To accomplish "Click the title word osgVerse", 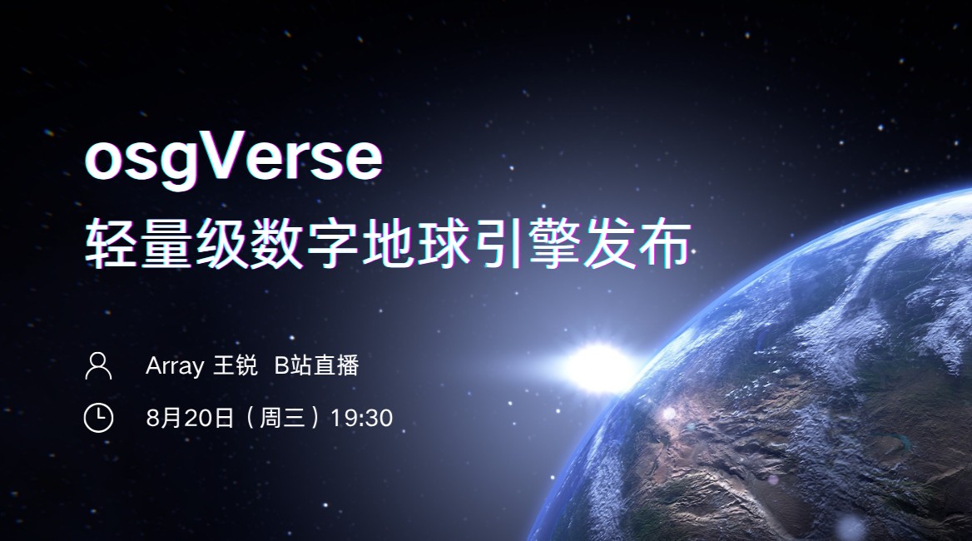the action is (234, 158).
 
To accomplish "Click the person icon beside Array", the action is (98, 365).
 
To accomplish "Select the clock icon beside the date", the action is (98, 417).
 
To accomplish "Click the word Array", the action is (174, 366).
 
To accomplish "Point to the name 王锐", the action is (235, 365).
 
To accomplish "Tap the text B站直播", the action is (317, 365).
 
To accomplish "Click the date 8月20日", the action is (190, 418).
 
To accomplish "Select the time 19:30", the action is (361, 418).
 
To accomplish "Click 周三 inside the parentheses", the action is (282, 418).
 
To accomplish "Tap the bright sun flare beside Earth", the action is (598, 367).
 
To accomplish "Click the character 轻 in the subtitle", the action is (111, 244).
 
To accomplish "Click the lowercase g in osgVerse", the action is (177, 164).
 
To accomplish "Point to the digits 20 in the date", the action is (198, 419).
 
